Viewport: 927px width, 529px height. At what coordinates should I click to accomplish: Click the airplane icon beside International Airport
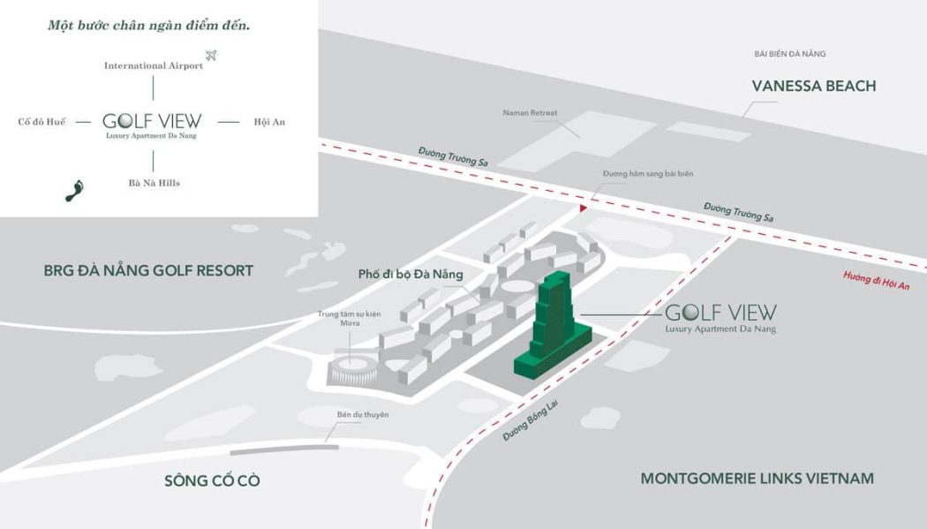click(x=210, y=57)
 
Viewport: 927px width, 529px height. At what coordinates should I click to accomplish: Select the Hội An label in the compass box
click(x=269, y=122)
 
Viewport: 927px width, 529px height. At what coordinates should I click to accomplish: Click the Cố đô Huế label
click(x=42, y=122)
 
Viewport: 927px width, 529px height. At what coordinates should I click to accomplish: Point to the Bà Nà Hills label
click(x=154, y=183)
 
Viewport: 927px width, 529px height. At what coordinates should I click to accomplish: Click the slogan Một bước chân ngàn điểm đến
click(x=149, y=26)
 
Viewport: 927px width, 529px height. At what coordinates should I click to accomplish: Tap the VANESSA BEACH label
click(x=813, y=87)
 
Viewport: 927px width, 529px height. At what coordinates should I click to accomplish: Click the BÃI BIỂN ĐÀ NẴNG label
click(x=789, y=55)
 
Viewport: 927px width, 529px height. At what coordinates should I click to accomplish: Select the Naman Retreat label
click(x=530, y=113)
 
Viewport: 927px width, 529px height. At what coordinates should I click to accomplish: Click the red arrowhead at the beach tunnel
click(x=583, y=208)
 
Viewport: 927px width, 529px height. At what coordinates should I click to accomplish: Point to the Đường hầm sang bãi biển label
click(x=648, y=175)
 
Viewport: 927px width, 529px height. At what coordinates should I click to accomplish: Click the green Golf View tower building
click(x=551, y=327)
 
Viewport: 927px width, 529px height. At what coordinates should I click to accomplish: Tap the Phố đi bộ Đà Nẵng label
click(x=411, y=275)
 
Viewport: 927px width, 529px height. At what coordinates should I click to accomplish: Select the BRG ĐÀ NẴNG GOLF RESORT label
click(x=148, y=271)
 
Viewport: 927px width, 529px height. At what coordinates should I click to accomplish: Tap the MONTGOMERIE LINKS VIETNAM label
click(x=757, y=479)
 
